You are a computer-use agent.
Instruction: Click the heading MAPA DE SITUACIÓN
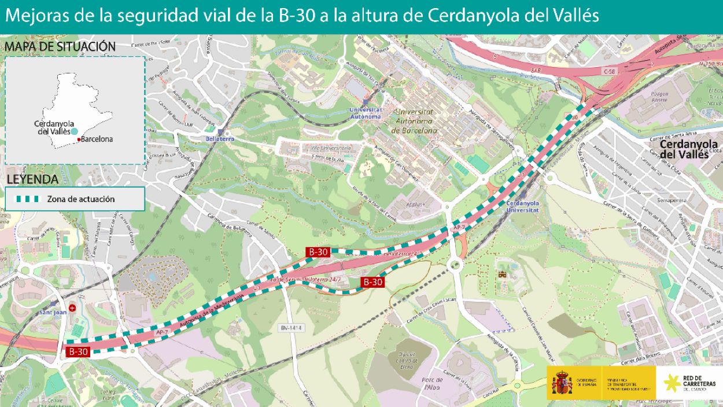click(60, 46)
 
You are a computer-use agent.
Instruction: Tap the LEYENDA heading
click(32, 179)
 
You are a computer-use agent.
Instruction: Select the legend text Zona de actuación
click(81, 199)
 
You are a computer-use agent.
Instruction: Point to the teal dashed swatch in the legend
click(27, 199)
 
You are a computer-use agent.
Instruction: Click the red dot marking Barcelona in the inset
click(78, 139)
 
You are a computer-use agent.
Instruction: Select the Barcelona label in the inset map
click(97, 139)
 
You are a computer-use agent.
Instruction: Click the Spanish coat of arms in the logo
click(562, 383)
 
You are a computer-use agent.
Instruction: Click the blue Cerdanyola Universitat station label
click(522, 207)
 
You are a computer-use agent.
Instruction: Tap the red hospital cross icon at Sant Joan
click(72, 308)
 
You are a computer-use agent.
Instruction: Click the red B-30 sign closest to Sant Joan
click(78, 351)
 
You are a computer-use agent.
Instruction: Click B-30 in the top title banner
click(297, 16)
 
